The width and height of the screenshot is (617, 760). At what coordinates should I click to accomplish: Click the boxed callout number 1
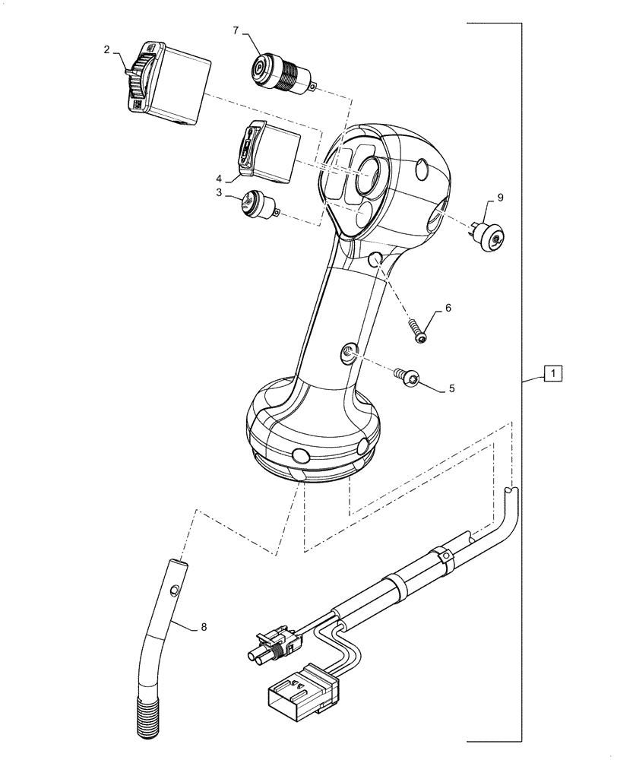pos(553,374)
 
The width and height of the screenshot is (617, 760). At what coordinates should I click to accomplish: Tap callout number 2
pos(107,49)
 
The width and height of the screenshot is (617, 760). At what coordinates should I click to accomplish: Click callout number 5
pos(451,388)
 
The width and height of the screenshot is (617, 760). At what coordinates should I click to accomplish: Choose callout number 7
pos(236,30)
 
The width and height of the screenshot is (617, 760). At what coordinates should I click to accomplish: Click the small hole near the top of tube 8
pos(175,589)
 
